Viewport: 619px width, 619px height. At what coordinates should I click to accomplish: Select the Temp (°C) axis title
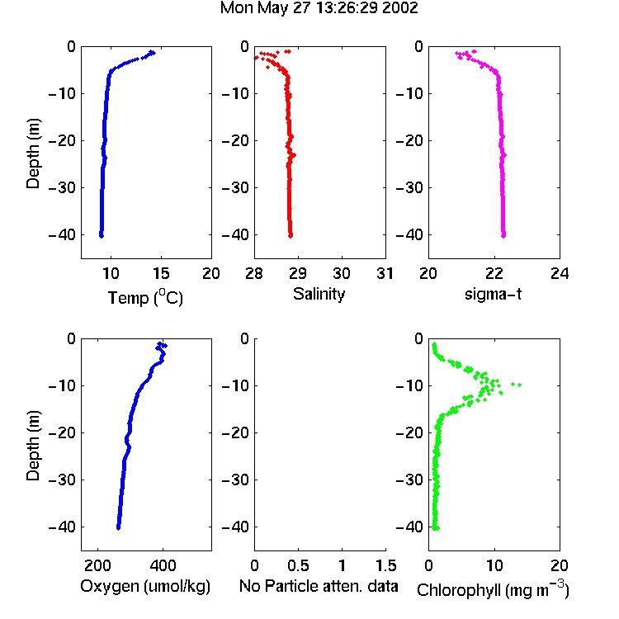145,297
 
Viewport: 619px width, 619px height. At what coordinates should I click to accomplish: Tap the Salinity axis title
319,295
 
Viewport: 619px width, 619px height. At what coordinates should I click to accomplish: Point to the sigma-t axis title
493,294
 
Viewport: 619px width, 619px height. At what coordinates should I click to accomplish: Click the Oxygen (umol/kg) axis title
145,586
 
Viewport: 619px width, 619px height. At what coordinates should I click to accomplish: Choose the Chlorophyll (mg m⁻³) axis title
493,589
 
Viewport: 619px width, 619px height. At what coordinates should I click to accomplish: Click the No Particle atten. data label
319,586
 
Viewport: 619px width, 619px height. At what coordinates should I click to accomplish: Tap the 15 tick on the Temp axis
161,273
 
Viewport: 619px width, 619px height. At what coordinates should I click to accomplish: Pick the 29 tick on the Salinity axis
298,273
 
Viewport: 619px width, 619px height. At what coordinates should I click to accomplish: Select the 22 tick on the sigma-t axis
494,273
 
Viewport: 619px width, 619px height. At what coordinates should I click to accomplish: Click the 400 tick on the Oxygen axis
163,565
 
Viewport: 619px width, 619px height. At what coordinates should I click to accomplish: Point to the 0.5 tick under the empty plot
298,565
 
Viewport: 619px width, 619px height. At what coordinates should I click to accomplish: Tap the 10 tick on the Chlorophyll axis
494,565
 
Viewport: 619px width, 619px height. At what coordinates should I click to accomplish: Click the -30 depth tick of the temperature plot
62,187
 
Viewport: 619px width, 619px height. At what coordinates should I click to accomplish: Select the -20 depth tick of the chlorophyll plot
409,432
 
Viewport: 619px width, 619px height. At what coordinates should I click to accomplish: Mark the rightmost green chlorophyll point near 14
519,385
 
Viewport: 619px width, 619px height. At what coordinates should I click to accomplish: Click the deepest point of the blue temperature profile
102,236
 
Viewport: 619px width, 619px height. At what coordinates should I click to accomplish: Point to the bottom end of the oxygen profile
118,528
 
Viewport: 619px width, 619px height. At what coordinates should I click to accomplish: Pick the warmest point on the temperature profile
153,53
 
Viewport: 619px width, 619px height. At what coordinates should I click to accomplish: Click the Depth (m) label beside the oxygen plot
33,446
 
